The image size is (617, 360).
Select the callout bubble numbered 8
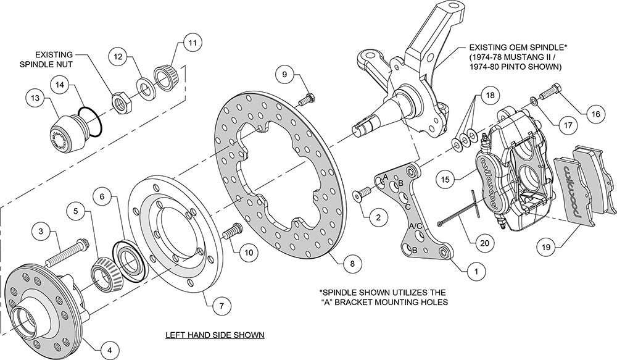pyautogui.click(x=351, y=264)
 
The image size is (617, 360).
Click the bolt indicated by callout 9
pyautogui.click(x=306, y=99)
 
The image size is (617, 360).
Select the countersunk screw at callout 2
pyautogui.click(x=360, y=196)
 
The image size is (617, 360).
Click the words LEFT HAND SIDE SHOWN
pyautogui.click(x=215, y=335)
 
